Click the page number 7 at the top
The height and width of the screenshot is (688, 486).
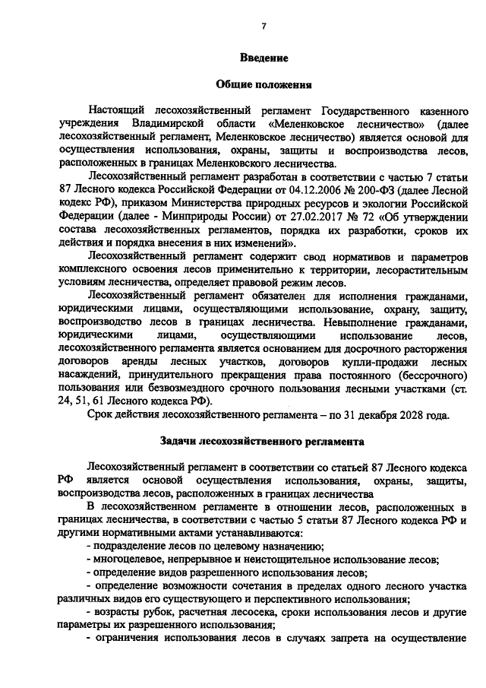click(264, 27)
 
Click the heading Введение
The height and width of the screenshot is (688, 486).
click(263, 58)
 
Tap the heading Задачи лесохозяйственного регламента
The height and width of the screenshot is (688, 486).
click(263, 441)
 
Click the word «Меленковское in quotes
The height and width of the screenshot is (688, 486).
click(308, 124)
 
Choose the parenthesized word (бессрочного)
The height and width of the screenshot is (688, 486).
click(431, 376)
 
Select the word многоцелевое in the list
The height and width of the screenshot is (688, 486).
click(125, 560)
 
